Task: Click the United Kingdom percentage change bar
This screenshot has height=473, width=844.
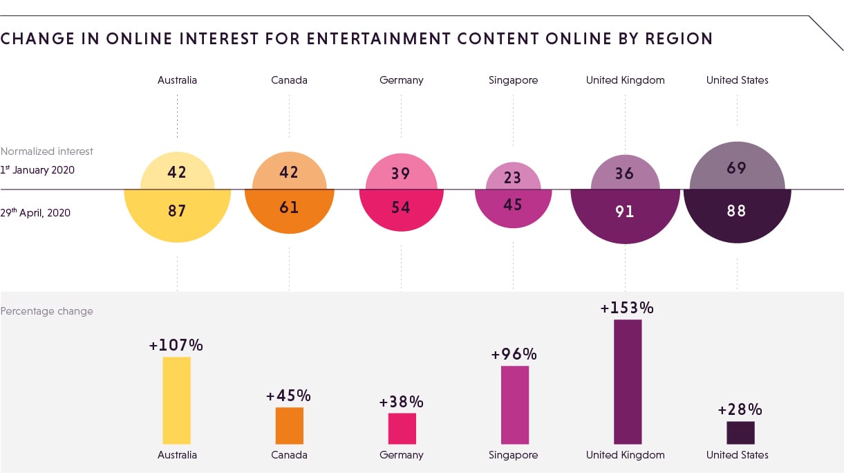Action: [627, 381]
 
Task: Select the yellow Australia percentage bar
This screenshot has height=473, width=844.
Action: [176, 400]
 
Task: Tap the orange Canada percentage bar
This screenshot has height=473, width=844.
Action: [289, 425]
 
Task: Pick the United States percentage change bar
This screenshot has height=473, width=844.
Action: [740, 432]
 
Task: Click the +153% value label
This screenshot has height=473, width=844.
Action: [627, 308]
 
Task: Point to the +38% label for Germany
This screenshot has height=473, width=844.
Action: [401, 402]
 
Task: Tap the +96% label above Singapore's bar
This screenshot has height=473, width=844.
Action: [514, 354]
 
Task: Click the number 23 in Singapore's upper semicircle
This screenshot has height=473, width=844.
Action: [512, 178]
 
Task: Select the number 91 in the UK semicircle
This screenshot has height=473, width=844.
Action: [625, 211]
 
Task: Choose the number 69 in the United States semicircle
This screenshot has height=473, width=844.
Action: [737, 167]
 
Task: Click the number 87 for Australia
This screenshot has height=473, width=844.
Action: [177, 210]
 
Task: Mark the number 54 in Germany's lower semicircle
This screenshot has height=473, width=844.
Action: [401, 207]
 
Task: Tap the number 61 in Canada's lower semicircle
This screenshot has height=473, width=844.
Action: [289, 207]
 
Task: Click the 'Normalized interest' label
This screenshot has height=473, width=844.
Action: [47, 151]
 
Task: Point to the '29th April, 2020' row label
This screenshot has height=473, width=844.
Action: [35, 213]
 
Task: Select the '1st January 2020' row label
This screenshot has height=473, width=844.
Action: [37, 169]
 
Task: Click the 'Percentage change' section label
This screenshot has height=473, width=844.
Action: [46, 311]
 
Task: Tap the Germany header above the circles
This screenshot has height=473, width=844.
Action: [401, 80]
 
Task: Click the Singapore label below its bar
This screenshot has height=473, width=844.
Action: [513, 455]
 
